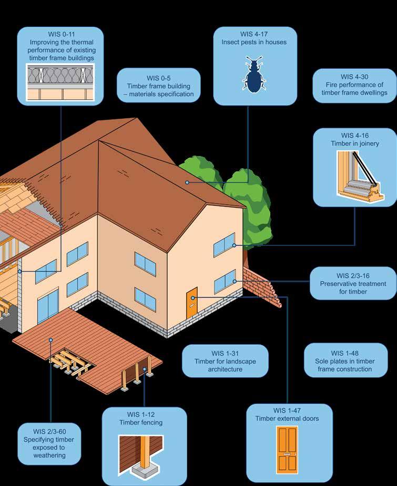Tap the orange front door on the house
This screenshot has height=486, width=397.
[x=191, y=303]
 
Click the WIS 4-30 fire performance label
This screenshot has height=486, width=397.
[x=354, y=84]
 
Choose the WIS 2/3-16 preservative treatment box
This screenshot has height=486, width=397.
[x=353, y=283]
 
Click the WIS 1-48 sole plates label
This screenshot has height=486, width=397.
[x=345, y=361]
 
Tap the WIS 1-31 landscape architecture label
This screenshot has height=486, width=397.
[x=225, y=361]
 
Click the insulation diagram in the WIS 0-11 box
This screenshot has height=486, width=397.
[x=60, y=83]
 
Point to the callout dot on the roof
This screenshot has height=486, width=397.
[x=187, y=182]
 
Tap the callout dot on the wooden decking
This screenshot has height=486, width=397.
[x=51, y=340]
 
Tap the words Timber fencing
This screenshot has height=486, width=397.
[x=144, y=422]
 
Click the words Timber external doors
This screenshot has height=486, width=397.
[x=287, y=419]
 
